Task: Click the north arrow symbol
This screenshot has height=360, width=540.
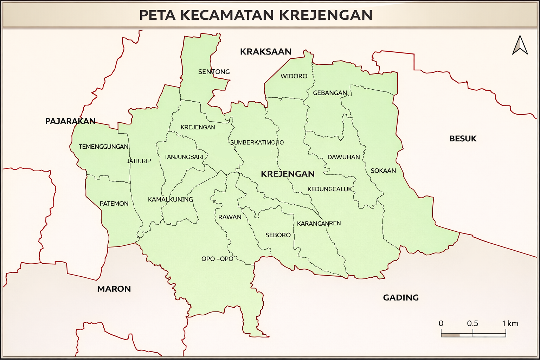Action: (520, 45)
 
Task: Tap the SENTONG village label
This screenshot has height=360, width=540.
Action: (214, 72)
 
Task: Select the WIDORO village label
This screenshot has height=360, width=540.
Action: (294, 76)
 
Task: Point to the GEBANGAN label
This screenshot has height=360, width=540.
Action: (330, 93)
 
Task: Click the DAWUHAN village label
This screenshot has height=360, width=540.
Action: (343, 157)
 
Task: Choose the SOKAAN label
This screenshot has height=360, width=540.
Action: (383, 171)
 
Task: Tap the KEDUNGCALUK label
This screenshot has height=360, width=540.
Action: (329, 189)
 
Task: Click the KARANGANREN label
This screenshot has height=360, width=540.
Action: (319, 224)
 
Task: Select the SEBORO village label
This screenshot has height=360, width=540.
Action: (278, 235)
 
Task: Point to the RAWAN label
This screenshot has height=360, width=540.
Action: (230, 217)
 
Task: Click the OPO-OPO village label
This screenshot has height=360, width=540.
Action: (217, 259)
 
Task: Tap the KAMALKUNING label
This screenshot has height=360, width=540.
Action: (170, 200)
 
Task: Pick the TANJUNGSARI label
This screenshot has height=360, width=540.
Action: (184, 157)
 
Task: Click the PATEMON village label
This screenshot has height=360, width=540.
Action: (114, 204)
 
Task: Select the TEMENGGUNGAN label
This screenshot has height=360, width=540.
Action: (103, 147)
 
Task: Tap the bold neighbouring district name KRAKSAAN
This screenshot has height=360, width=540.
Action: (265, 52)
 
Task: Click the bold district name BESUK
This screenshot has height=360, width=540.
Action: (463, 139)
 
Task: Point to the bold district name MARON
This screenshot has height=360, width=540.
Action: (114, 289)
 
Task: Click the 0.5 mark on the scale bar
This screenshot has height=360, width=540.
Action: (472, 324)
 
